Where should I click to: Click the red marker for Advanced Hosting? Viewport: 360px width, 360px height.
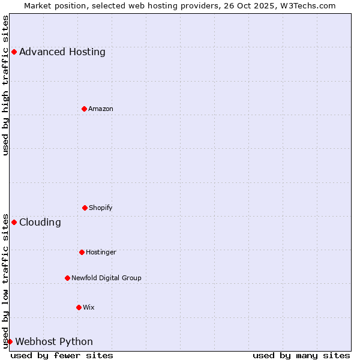14,52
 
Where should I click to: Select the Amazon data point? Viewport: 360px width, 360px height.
84,109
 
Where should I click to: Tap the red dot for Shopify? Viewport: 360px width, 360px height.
85,208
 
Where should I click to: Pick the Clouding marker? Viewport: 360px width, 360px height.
14,222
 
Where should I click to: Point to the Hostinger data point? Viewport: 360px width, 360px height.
82,252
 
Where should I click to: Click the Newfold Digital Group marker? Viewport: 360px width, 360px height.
67,278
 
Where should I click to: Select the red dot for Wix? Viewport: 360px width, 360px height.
79,307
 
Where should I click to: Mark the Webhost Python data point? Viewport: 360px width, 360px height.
10,341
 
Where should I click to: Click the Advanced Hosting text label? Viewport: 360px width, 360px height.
62,52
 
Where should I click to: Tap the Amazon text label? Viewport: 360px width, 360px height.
101,109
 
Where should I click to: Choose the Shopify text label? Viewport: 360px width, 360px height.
101,208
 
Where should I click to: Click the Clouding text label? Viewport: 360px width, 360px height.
40,222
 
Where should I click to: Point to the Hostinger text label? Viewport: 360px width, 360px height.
101,252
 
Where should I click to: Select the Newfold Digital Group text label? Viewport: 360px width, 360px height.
106,278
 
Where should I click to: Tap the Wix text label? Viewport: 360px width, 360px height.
89,307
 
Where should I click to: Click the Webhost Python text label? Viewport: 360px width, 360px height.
54,341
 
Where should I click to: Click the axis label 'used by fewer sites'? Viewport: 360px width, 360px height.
62,355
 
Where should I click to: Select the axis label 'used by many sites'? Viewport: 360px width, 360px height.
301,355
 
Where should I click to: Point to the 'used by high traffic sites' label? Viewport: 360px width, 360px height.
5,85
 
